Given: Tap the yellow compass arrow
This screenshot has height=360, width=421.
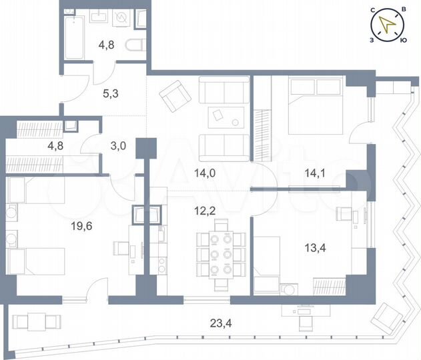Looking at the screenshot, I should coord(387,26).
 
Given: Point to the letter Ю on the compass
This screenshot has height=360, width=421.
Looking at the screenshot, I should coord(402,41).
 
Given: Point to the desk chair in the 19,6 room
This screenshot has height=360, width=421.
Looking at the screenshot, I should coord(121,248).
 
